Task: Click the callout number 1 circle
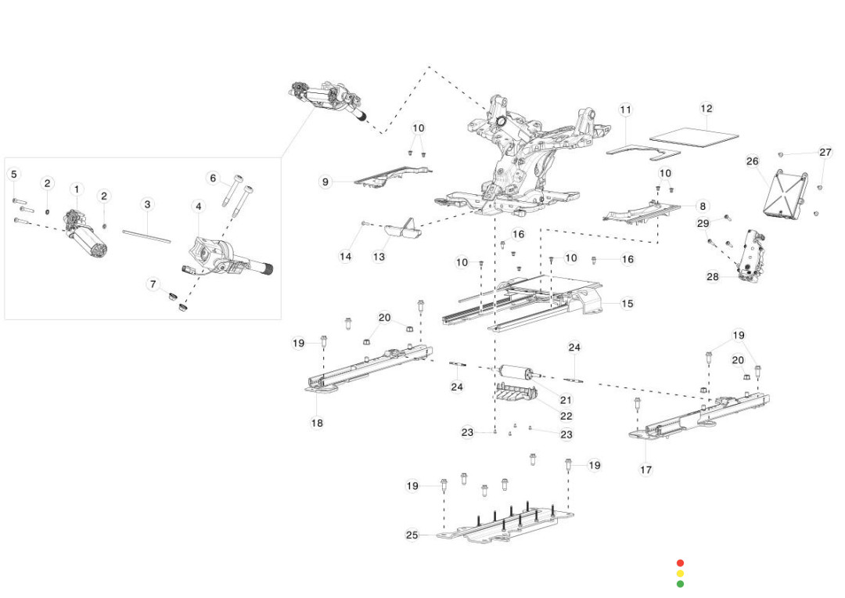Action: pos(77,189)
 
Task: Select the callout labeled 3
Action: pos(147,204)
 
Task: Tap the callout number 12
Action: pos(707,109)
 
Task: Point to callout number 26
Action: pos(752,161)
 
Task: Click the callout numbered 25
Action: pos(412,535)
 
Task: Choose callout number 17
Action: pos(645,470)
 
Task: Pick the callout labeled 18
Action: pos(317,423)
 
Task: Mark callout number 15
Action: pos(627,304)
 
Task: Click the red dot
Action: pos(680,563)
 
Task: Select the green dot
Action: pos(680,583)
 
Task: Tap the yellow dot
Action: pos(680,573)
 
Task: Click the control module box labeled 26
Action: pos(783,193)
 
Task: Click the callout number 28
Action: pos(712,276)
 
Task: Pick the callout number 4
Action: pos(198,206)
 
